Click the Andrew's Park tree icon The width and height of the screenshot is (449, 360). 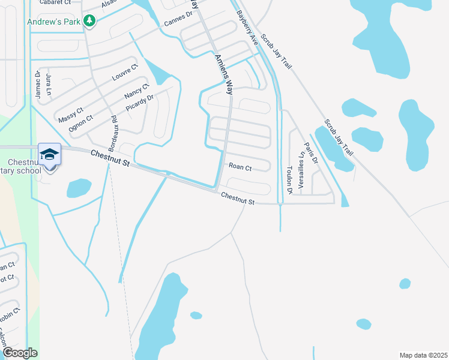pyautogui.click(x=89, y=22)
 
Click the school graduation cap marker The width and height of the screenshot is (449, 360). pyautogui.click(x=50, y=155)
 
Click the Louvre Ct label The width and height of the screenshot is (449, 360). pyautogui.click(x=125, y=73)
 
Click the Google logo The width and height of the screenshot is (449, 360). pyautogui.click(x=19, y=353)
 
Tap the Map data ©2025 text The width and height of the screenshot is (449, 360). pyautogui.click(x=423, y=355)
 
